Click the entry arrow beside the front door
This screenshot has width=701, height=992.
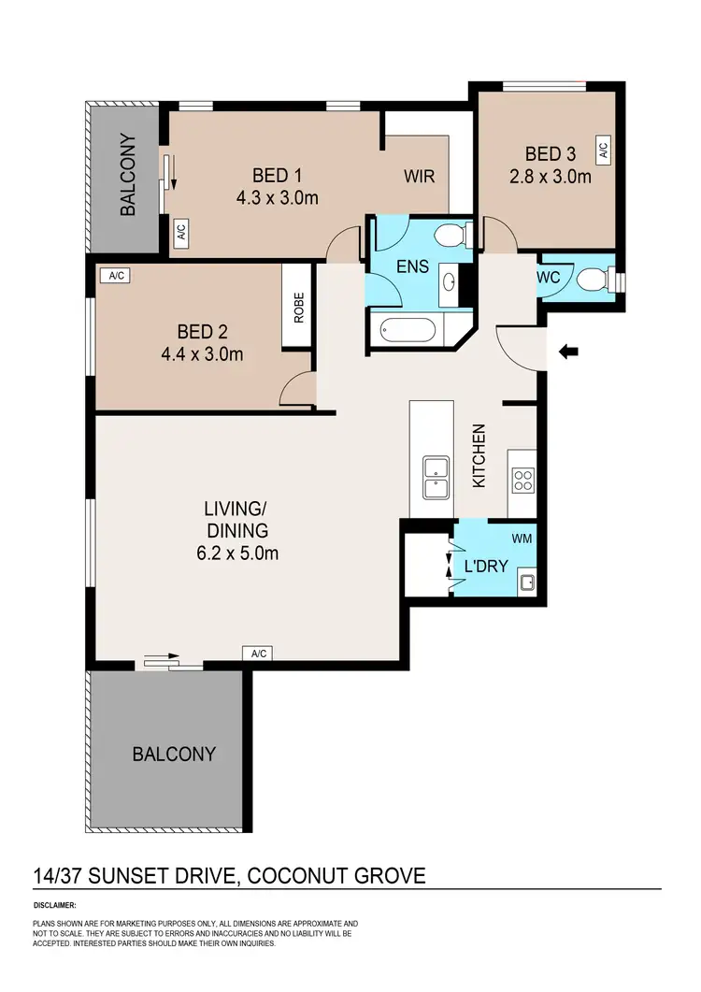(x=568, y=352)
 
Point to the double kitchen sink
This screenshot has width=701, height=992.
(x=435, y=478)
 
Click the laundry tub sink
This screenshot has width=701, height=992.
(x=527, y=583)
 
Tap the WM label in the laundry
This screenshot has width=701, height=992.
(x=522, y=539)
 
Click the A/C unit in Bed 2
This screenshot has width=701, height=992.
(x=117, y=276)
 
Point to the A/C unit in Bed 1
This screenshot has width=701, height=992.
(x=181, y=234)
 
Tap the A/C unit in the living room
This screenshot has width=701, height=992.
(x=257, y=654)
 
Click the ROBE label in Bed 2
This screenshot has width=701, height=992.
(x=299, y=309)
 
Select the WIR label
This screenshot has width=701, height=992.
(x=419, y=176)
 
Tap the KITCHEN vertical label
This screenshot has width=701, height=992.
(x=479, y=456)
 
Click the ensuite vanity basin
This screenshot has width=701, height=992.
(x=447, y=283)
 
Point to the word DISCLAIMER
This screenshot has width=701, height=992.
(x=54, y=906)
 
